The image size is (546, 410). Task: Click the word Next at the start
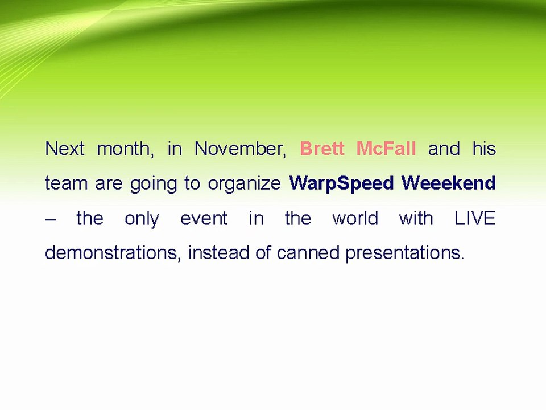[65, 149]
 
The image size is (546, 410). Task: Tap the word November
[240, 149]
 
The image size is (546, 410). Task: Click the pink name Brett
[322, 149]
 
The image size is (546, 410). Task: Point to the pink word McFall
[386, 149]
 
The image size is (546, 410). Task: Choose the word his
[484, 149]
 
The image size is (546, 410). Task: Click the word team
[66, 183]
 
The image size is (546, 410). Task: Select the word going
[154, 184]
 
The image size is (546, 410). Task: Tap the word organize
[244, 184]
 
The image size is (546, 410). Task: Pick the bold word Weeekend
[449, 183]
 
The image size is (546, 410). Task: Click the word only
[142, 219]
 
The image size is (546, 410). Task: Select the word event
[204, 219]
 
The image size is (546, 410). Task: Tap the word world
[355, 218]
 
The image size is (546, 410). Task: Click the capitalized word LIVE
[475, 218]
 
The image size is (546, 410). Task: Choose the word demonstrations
[113, 252]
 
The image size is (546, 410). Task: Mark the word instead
[218, 252]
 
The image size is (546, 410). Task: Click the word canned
[308, 252]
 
